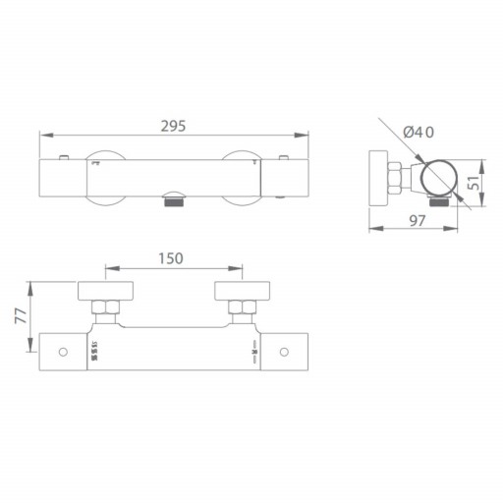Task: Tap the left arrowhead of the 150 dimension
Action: tap(107, 268)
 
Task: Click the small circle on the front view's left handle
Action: tap(64, 351)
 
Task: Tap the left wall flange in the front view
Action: tap(107, 291)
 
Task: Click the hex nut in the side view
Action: tap(397, 179)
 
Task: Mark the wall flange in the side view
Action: tap(375, 179)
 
